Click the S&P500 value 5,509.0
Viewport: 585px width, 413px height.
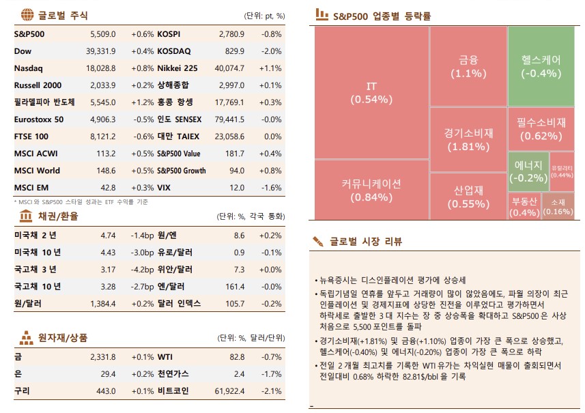click(103, 33)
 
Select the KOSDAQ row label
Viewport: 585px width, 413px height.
click(174, 51)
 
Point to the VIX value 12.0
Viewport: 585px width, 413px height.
click(236, 188)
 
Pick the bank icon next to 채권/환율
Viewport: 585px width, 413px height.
click(25, 216)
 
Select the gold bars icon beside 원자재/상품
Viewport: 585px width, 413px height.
click(25, 337)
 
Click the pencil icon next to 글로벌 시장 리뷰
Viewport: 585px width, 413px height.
click(317, 241)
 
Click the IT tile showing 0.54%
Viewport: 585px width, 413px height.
click(371, 92)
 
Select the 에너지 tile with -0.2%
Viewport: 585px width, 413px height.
click(528, 171)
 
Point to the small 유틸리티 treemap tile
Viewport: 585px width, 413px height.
click(562, 171)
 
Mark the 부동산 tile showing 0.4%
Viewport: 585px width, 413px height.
click(524, 206)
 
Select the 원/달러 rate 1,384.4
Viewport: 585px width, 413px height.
click(103, 303)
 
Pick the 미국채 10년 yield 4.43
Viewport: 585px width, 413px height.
click(108, 252)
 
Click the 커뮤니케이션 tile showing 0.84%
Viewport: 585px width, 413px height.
click(371, 190)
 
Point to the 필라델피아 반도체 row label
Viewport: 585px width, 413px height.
click(44, 102)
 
